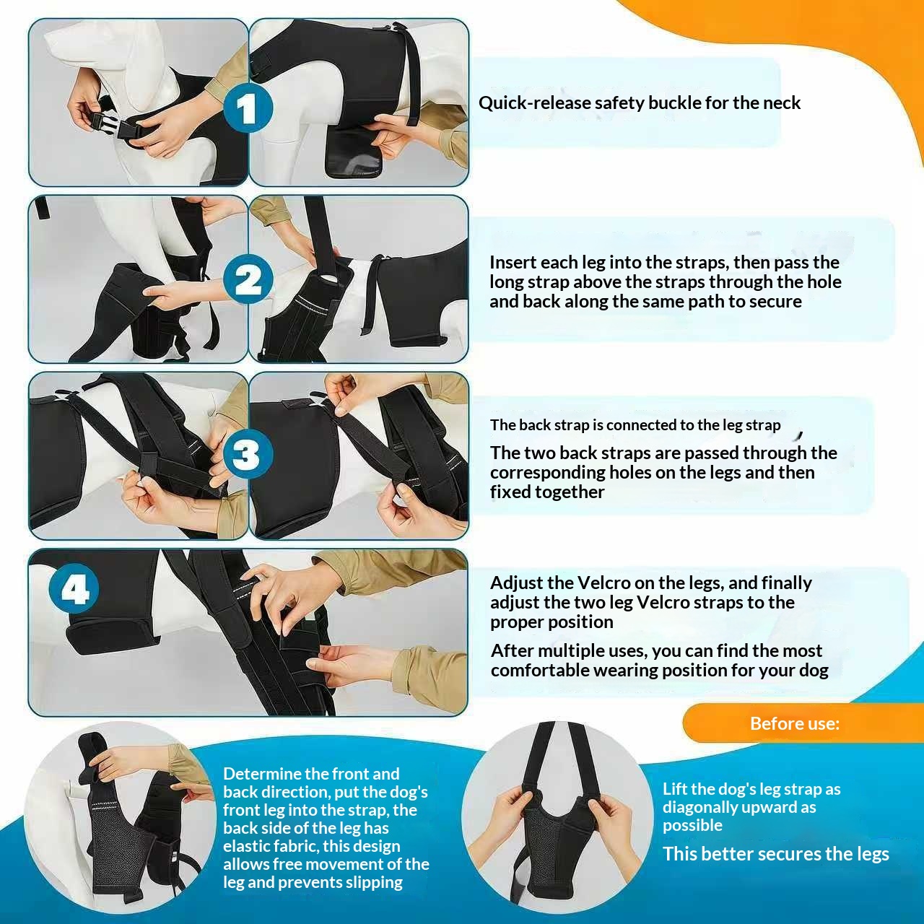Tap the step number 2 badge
248,279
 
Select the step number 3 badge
248,454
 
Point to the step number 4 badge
74,589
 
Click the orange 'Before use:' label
795,723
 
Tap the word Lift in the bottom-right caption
674,789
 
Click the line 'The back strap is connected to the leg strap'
635,425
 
